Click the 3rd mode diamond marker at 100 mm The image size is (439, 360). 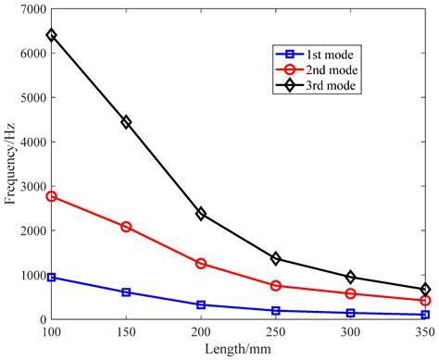pyautogui.click(x=52, y=35)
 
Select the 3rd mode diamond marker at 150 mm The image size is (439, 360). pyautogui.click(x=126, y=122)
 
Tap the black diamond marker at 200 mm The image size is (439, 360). pyautogui.click(x=201, y=214)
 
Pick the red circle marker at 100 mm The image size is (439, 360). pyautogui.click(x=52, y=196)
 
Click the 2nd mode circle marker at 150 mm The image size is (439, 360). pyautogui.click(x=126, y=227)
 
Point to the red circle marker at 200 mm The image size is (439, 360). pyautogui.click(x=201, y=264)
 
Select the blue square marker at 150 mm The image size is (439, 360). pyautogui.click(x=126, y=292)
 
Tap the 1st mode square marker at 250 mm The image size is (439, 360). pyautogui.click(x=276, y=311)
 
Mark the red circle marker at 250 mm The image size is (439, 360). pyautogui.click(x=276, y=286)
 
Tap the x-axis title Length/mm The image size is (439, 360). pyautogui.click(x=238, y=349)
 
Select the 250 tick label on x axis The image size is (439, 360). pyautogui.click(x=276, y=331)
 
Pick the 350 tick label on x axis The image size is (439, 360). pyautogui.click(x=424, y=331)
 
